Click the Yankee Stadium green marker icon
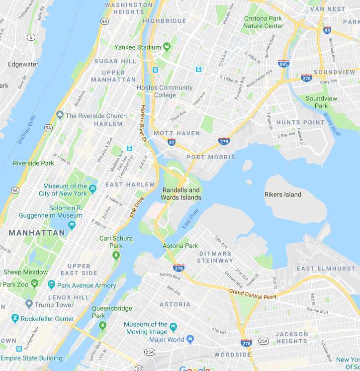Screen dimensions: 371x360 (x=167, y=47)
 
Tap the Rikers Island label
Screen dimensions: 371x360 (x=283, y=194)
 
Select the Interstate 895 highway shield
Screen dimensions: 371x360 (x=283, y=63)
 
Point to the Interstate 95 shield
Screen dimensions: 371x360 (x=327, y=30)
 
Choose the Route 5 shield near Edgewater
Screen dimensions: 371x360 (x=32, y=37)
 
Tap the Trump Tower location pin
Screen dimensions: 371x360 (x=29, y=304)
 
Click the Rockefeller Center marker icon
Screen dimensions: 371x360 (x=15, y=318)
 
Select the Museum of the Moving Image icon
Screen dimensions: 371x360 (x=173, y=327)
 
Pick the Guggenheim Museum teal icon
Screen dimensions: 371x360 (x=72, y=225)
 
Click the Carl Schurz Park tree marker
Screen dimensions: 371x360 (x=116, y=256)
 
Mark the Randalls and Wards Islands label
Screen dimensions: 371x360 (x=180, y=194)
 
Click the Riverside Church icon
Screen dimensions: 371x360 (x=60, y=115)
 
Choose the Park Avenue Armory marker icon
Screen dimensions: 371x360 (x=51, y=285)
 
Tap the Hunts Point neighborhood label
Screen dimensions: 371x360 (x=300, y=122)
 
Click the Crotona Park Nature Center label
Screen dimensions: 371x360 (x=264, y=22)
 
